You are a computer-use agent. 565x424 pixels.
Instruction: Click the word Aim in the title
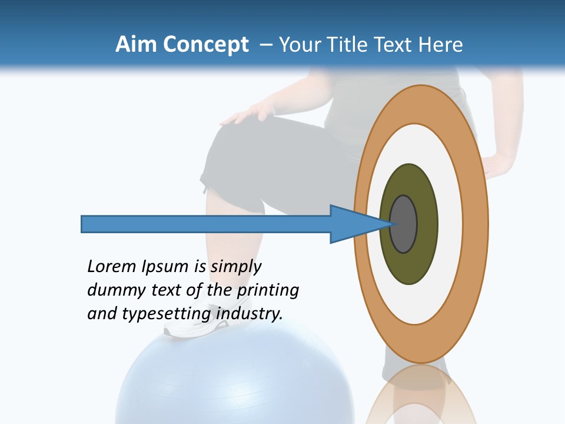click(x=136, y=45)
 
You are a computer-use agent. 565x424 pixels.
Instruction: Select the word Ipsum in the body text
click(x=165, y=267)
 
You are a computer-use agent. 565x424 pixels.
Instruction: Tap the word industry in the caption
click(x=250, y=314)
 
